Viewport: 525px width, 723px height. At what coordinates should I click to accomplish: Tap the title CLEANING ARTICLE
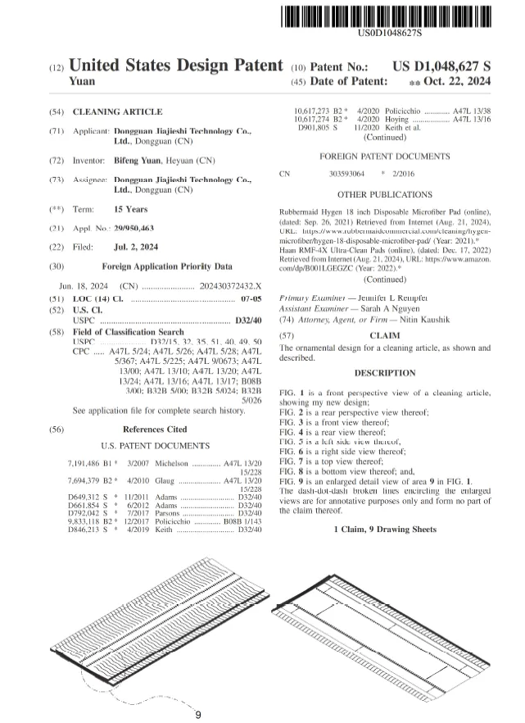tap(117, 111)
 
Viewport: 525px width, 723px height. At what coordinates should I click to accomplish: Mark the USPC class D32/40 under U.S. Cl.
tap(248, 320)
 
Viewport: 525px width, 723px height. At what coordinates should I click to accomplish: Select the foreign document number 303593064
tap(346, 174)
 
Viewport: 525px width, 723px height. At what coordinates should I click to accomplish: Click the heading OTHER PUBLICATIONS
tap(385, 195)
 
